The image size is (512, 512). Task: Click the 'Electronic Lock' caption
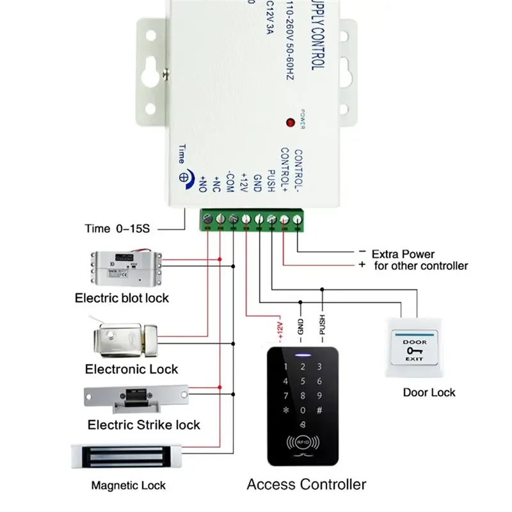131,369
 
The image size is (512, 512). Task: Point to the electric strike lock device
136,398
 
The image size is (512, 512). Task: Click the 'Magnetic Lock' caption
128,486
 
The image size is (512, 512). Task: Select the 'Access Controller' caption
307,484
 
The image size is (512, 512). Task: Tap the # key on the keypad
319,411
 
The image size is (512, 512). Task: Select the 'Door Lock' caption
429,392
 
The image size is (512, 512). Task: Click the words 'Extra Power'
403,253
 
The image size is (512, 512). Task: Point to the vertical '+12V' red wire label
278,328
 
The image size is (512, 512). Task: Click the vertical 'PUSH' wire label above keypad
323,328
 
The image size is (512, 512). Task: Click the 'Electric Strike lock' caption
143,425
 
